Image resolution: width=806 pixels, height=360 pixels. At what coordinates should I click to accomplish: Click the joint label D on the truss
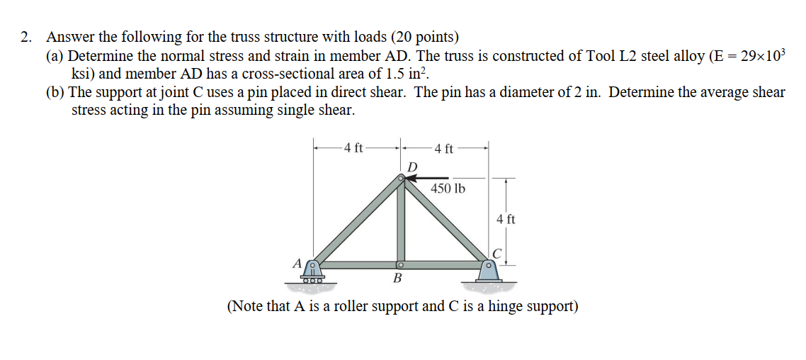[x=413, y=166]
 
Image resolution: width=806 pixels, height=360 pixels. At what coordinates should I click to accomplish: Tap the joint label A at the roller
[x=297, y=263]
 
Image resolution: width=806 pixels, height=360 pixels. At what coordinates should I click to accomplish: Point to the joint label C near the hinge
[x=497, y=252]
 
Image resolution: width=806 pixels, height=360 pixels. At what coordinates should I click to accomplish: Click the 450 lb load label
[x=448, y=189]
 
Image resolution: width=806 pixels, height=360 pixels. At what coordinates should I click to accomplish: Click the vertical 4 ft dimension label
[x=506, y=220]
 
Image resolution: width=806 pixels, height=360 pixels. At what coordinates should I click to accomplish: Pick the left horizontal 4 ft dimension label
[x=352, y=148]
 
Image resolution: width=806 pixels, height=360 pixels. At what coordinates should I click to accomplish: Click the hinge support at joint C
[x=487, y=273]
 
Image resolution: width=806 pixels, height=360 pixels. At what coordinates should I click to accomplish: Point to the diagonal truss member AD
[x=358, y=221]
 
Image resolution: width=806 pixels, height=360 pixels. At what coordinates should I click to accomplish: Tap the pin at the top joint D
[x=402, y=179]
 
